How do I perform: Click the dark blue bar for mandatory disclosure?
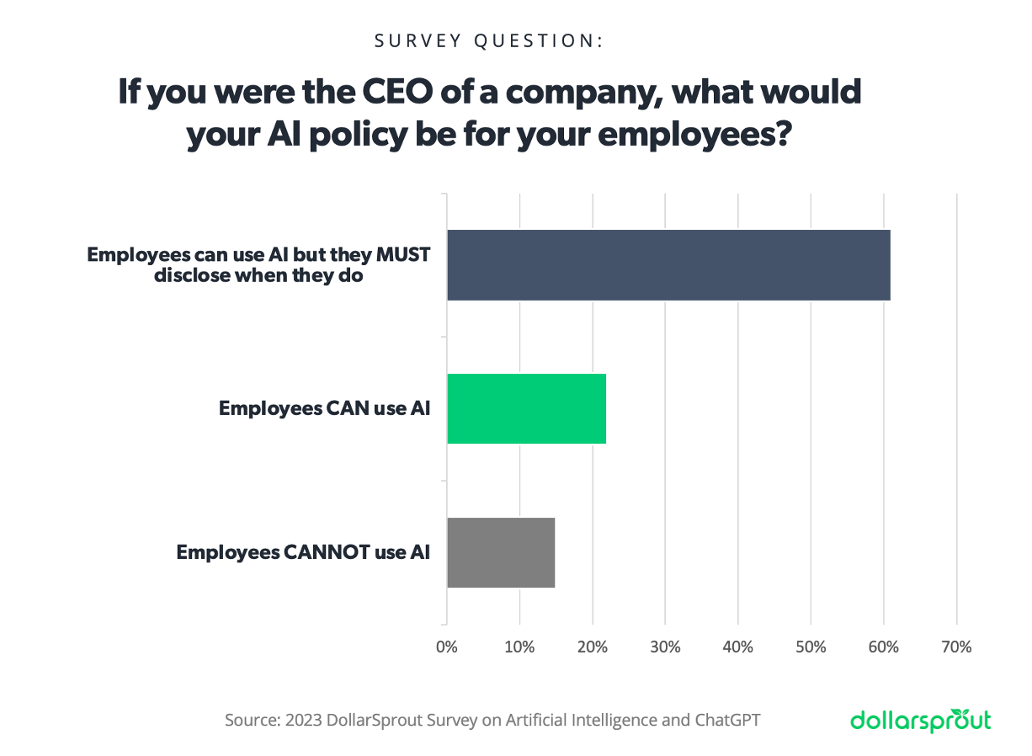point(668,264)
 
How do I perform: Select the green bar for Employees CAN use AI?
point(526,408)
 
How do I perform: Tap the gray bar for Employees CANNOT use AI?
point(500,552)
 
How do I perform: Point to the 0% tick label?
point(446,647)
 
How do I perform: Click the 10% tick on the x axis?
point(519,647)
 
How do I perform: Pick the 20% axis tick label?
point(593,647)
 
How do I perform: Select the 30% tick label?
point(665,647)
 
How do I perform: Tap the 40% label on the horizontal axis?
point(737,647)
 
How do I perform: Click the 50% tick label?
point(811,647)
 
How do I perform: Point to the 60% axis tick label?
point(883,647)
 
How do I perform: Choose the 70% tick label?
point(956,647)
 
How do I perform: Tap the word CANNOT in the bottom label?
point(334,553)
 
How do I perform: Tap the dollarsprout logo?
point(920,721)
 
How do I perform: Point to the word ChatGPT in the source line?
point(727,721)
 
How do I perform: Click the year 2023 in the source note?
point(302,721)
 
